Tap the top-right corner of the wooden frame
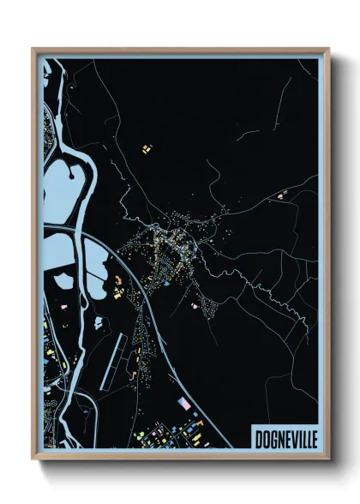coord(327,50)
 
